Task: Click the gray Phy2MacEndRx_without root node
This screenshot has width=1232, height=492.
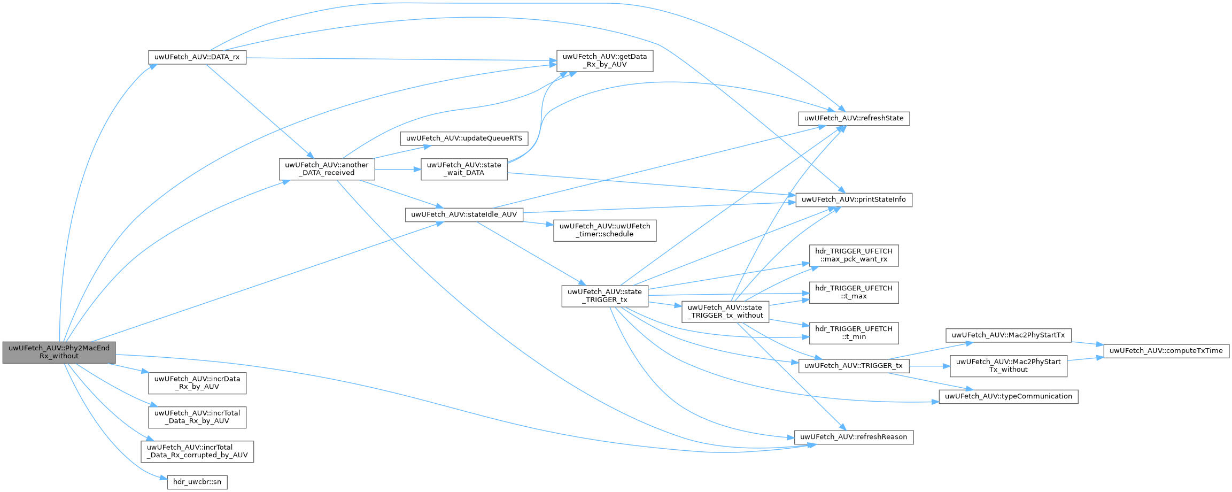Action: (x=59, y=352)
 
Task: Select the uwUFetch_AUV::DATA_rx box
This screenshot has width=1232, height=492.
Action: (x=197, y=57)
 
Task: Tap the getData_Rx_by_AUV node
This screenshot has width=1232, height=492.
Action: (x=605, y=60)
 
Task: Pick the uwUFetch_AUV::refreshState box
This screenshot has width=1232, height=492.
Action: (x=854, y=118)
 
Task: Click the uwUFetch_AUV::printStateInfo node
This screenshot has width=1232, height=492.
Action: (x=854, y=199)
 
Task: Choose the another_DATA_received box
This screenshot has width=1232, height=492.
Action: (x=327, y=169)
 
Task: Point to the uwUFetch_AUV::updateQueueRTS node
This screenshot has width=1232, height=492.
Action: (x=464, y=138)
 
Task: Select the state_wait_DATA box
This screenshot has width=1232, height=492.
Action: (x=464, y=169)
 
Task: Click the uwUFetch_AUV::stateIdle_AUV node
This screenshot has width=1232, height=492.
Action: (x=464, y=214)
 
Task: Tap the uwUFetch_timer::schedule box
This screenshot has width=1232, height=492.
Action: (x=605, y=230)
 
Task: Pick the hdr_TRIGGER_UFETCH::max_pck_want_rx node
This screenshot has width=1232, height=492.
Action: (x=854, y=255)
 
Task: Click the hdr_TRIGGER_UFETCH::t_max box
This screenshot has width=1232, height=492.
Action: (x=854, y=292)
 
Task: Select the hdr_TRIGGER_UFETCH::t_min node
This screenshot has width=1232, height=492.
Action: (x=854, y=333)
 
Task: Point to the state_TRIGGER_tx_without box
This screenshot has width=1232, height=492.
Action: (x=725, y=311)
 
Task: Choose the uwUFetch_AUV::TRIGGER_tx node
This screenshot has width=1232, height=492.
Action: (x=853, y=366)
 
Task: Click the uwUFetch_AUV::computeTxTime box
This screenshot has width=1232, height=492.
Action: (x=1166, y=351)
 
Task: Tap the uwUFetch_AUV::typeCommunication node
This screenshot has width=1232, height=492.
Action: (x=1008, y=396)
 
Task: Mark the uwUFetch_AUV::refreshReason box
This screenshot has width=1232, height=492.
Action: (x=854, y=437)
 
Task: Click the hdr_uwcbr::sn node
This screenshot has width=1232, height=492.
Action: (x=197, y=482)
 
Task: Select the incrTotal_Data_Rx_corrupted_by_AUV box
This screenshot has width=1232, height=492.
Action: (x=197, y=451)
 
